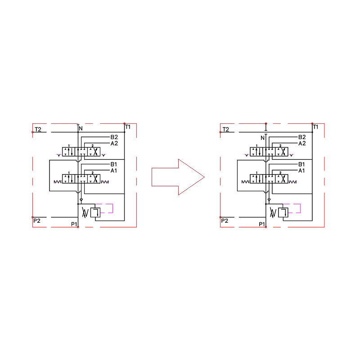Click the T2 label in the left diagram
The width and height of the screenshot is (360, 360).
click(38, 129)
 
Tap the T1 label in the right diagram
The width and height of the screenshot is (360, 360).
click(316, 127)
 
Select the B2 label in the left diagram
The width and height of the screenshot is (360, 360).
click(114, 137)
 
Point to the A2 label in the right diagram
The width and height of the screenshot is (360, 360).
click(302, 143)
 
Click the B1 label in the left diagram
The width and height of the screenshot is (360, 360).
click(114, 164)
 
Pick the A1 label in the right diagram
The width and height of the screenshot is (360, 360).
click(301, 171)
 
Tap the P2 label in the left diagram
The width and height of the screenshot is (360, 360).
click(37, 220)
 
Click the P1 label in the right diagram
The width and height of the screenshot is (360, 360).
click(262, 224)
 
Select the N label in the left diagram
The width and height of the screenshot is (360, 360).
click(81, 128)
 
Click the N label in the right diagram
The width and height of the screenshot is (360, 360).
click(263, 138)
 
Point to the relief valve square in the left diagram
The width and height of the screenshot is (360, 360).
click(95, 212)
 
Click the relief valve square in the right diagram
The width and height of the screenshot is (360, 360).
click(283, 212)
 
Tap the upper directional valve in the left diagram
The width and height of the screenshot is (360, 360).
click(81, 152)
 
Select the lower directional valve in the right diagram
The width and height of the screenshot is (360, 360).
click(269, 179)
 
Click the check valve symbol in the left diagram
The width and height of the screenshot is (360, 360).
click(81, 200)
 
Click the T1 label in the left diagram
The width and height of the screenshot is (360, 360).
click(128, 127)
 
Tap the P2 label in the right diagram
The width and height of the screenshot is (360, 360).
click(225, 220)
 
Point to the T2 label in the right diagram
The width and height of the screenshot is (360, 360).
click(226, 129)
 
